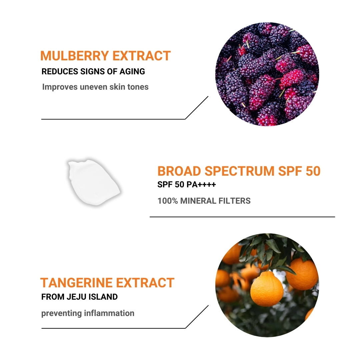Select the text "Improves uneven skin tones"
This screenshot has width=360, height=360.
click(95, 87)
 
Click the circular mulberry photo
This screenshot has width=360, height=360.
click(267, 74)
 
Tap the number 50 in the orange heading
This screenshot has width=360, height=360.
click(312, 171)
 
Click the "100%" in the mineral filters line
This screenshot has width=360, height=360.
click(168, 201)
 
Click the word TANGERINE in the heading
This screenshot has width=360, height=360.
click(76, 283)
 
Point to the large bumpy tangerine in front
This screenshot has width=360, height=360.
click(266, 289)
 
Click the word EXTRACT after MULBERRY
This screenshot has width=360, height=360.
click(142, 56)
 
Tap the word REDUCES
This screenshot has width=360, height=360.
click(59, 71)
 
